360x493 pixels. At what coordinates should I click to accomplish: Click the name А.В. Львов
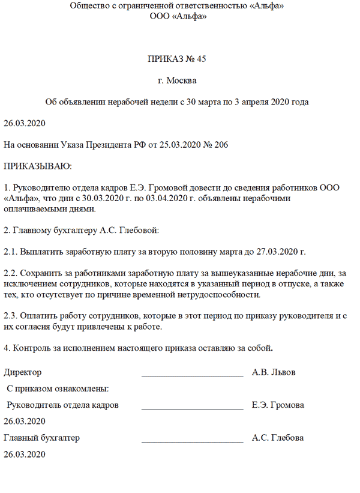pos(274,373)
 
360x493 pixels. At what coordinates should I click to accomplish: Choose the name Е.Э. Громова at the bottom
pos(278,405)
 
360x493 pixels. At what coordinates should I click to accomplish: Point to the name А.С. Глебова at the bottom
pos(278,438)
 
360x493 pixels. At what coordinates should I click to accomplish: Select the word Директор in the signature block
pos(23,373)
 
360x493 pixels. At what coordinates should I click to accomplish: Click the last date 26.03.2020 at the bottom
pos(25,455)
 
